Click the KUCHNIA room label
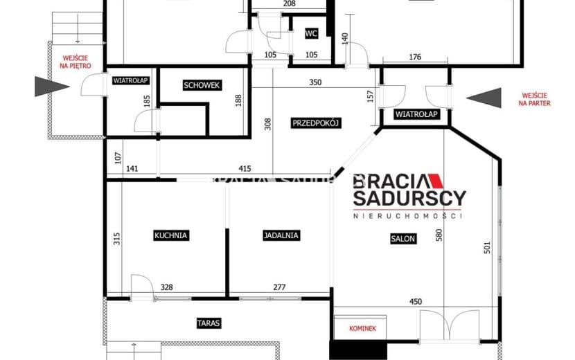(x=171, y=235)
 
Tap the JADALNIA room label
(x=281, y=235)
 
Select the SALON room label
(x=403, y=239)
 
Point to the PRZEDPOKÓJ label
(x=316, y=123)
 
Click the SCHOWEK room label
(x=202, y=85)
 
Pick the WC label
(x=311, y=33)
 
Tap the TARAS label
(x=209, y=323)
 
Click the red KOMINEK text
(x=363, y=328)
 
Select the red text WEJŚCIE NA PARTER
(x=535, y=100)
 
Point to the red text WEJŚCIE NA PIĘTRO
(x=76, y=62)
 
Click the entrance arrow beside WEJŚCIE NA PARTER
(x=484, y=98)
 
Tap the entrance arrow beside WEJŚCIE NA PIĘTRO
(x=52, y=87)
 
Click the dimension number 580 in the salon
(x=439, y=235)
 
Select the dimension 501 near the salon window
(x=487, y=247)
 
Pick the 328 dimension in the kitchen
(x=166, y=287)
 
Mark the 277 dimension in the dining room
(x=279, y=287)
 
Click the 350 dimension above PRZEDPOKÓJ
(x=315, y=82)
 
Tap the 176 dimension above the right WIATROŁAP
(x=415, y=57)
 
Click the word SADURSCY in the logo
(x=409, y=198)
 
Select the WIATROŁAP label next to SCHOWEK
(x=130, y=80)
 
